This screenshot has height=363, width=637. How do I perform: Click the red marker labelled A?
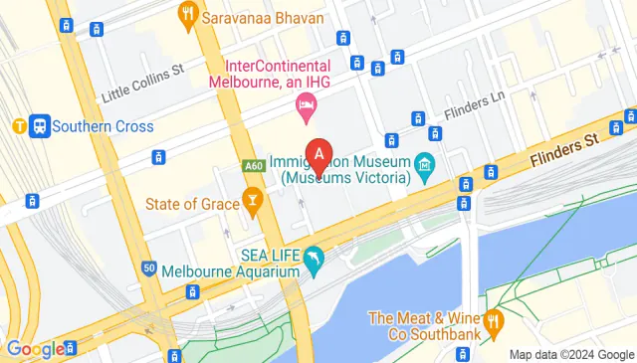click(318, 156)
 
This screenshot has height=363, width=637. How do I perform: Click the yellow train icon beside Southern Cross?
click(19, 126)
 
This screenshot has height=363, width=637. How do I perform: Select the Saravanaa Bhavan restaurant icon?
click(186, 14)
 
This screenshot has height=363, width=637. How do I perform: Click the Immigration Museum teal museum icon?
click(425, 161)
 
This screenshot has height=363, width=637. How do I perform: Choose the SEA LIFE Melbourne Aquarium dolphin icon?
click(315, 258)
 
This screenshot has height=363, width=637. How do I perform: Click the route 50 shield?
click(149, 269)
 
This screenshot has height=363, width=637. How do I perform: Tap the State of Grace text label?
click(192, 204)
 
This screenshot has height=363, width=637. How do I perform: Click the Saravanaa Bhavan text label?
click(251, 17)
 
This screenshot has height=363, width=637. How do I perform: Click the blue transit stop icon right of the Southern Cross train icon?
click(40, 126)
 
